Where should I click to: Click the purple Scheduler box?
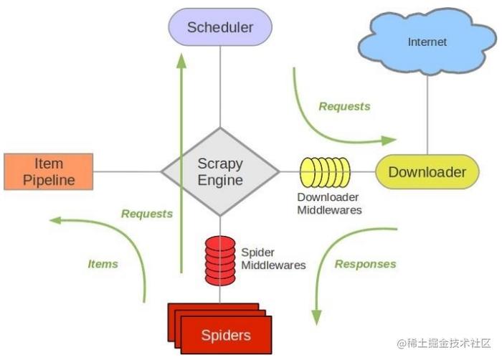[220, 27]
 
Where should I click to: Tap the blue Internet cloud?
[427, 42]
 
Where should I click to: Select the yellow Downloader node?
[427, 172]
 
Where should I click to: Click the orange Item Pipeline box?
[49, 171]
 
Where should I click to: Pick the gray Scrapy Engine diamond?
[220, 171]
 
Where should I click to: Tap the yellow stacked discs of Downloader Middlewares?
[325, 172]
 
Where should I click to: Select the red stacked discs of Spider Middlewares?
[220, 261]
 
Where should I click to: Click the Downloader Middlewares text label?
[329, 204]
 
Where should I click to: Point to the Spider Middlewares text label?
[273, 259]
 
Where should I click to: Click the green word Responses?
[365, 264]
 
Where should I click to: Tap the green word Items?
[103, 264]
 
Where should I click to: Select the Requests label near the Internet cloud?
[344, 106]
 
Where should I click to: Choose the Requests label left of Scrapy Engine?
[147, 214]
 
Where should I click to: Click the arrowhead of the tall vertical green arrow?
[181, 61]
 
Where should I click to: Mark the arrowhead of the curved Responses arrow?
[317, 318]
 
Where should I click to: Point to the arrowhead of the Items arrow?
[56, 220]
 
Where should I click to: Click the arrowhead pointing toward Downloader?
[389, 141]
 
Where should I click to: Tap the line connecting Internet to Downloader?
[427, 115]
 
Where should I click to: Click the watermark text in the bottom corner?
[444, 344]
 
